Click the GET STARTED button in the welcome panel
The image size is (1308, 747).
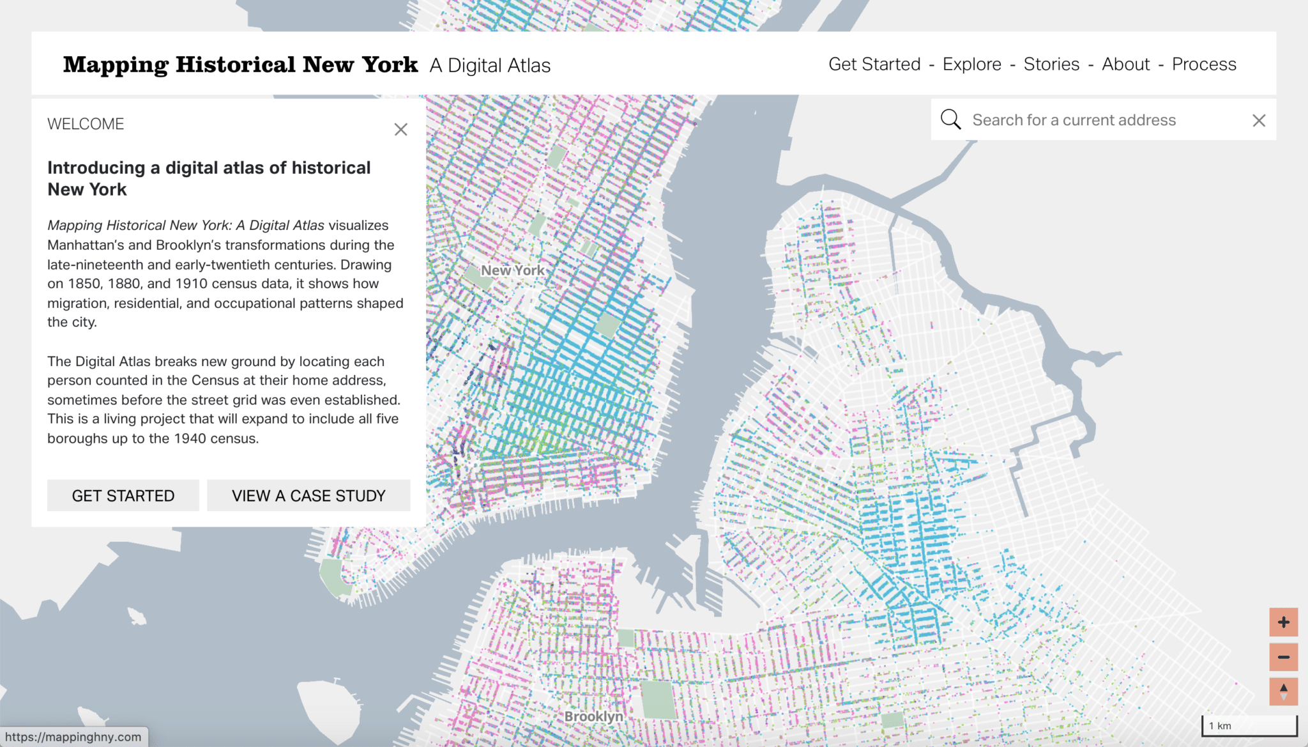pos(123,496)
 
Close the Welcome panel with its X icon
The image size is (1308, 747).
pos(400,130)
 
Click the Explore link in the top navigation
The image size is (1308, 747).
pos(971,65)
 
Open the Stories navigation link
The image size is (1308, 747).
pos(1051,65)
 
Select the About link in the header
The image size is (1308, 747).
pos(1125,65)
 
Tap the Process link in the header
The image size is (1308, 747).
pos(1204,65)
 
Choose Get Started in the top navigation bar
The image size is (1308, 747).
pos(874,65)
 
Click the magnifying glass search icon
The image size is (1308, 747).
pos(950,119)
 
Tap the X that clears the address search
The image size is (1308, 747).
pos(1259,121)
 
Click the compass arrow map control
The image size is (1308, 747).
pos(1284,691)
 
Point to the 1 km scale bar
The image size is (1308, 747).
pos(1249,726)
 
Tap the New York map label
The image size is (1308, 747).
pos(512,270)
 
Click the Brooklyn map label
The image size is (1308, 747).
pos(593,716)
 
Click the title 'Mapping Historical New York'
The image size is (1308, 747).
pos(240,65)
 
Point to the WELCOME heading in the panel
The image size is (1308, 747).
pos(86,124)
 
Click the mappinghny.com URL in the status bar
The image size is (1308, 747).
pos(73,737)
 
